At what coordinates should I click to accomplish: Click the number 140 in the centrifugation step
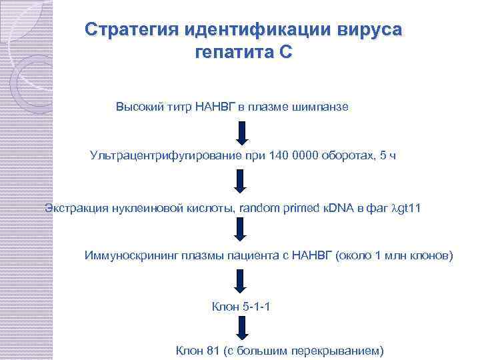click(x=279, y=156)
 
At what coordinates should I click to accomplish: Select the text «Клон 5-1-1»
click(x=240, y=307)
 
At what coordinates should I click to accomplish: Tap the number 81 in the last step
click(x=213, y=350)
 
